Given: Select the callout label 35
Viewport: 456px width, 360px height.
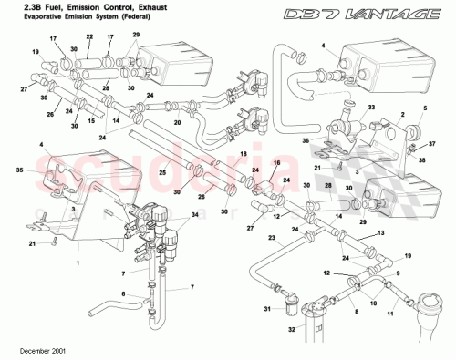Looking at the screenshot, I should coord(19,170).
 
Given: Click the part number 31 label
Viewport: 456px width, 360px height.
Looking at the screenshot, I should coord(268,309).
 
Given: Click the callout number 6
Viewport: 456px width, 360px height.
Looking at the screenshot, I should coord(102,293).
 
